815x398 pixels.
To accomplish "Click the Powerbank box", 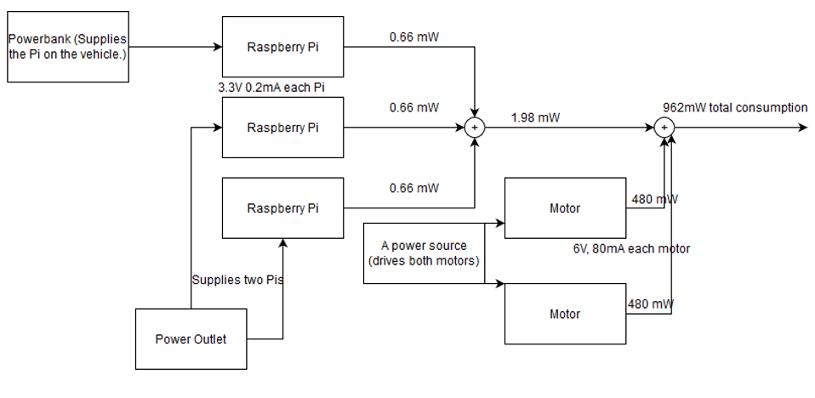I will [68, 47].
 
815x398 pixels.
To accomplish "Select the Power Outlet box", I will [191, 339].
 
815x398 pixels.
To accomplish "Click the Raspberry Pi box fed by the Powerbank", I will [282, 46].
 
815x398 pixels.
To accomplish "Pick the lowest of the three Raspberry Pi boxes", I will [282, 208].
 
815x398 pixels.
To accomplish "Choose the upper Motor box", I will [565, 208].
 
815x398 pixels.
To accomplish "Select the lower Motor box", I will [565, 314].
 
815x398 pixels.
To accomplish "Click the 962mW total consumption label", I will [735, 108].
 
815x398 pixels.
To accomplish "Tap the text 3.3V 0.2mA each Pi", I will [271, 88].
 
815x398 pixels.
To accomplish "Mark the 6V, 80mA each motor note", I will [631, 249].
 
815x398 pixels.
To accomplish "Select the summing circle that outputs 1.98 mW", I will [474, 128].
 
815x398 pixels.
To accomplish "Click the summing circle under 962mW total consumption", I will [666, 128].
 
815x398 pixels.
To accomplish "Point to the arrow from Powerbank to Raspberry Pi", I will [174, 47].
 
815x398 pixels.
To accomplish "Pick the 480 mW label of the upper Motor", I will [654, 199].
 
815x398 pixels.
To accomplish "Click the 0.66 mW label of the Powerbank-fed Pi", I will [413, 37].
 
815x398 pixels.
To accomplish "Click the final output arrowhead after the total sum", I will [801, 128].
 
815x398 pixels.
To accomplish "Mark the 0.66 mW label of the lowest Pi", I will [413, 188].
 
